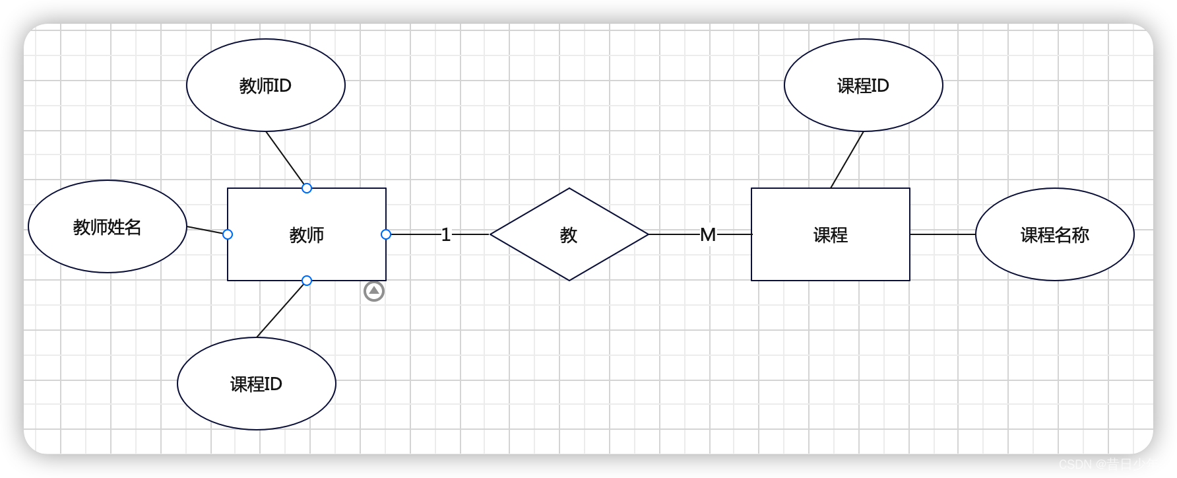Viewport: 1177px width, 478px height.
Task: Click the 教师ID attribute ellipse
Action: tap(265, 85)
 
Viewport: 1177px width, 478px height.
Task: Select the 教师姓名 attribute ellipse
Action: tap(107, 226)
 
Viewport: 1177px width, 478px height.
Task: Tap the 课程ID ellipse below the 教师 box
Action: tap(256, 384)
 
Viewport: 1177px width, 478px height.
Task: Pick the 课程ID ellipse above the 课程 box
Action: tap(863, 85)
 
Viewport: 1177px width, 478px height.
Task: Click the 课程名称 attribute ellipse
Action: tap(1054, 234)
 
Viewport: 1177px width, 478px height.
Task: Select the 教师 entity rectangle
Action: tap(306, 254)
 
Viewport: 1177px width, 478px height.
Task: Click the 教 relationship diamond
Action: tap(569, 234)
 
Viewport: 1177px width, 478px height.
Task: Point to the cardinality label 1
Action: tap(446, 234)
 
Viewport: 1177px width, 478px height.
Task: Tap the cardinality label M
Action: tap(708, 234)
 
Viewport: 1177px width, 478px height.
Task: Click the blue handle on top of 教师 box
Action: tap(307, 188)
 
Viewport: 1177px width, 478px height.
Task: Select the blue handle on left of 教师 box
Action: tap(228, 234)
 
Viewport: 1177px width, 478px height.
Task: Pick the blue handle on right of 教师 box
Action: tap(386, 234)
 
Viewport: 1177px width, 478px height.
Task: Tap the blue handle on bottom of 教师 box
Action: tap(307, 281)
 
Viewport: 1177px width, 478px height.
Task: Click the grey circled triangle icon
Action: tap(374, 291)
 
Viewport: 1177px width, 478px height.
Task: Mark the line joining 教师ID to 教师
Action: tap(286, 159)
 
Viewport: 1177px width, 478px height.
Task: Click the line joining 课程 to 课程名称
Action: tap(942, 234)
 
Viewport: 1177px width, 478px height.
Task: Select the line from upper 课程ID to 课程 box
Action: tap(847, 160)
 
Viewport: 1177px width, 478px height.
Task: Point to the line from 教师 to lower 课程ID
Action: tap(282, 309)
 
